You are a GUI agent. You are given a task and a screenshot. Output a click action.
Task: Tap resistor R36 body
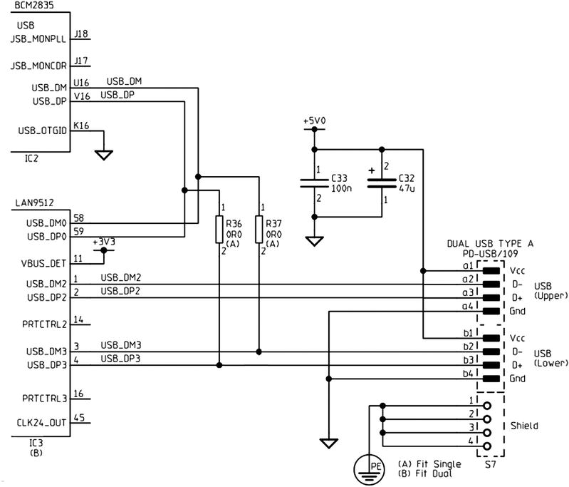(219, 230)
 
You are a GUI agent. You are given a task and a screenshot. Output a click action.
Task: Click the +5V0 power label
(313, 122)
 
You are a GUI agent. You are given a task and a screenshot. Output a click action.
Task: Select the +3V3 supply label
(105, 242)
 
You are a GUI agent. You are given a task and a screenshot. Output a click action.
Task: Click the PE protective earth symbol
(369, 469)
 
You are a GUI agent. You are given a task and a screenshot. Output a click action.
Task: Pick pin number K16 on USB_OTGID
(81, 125)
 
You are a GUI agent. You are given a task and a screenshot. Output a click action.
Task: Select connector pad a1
(491, 271)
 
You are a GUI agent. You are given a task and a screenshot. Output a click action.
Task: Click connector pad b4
(491, 378)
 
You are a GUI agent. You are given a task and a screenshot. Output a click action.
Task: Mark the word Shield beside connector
(524, 426)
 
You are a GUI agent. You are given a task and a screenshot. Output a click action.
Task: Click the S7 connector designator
(490, 465)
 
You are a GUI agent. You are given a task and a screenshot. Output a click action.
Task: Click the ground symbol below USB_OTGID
(104, 154)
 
